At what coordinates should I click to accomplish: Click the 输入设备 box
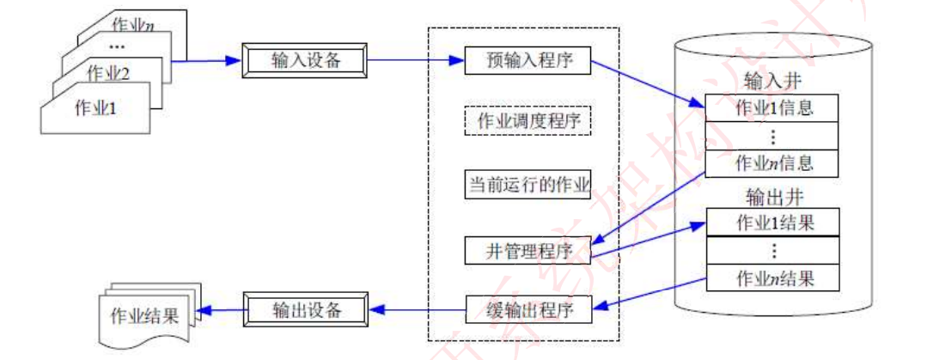pos(306,61)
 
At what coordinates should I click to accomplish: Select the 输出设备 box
pos(306,309)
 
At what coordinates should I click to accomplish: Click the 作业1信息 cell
pos(771,108)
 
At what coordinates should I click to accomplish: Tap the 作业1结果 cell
pos(771,223)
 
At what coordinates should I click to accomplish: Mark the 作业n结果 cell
pos(771,278)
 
